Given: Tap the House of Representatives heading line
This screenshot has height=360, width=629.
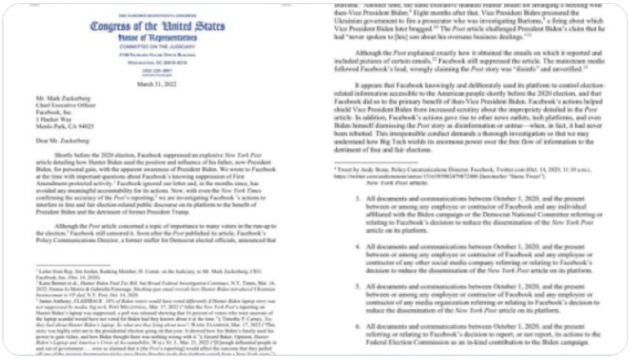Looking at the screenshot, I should pyautogui.click(x=157, y=37).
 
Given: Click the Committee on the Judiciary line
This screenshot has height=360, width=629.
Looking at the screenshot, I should pyautogui.click(x=157, y=46).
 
